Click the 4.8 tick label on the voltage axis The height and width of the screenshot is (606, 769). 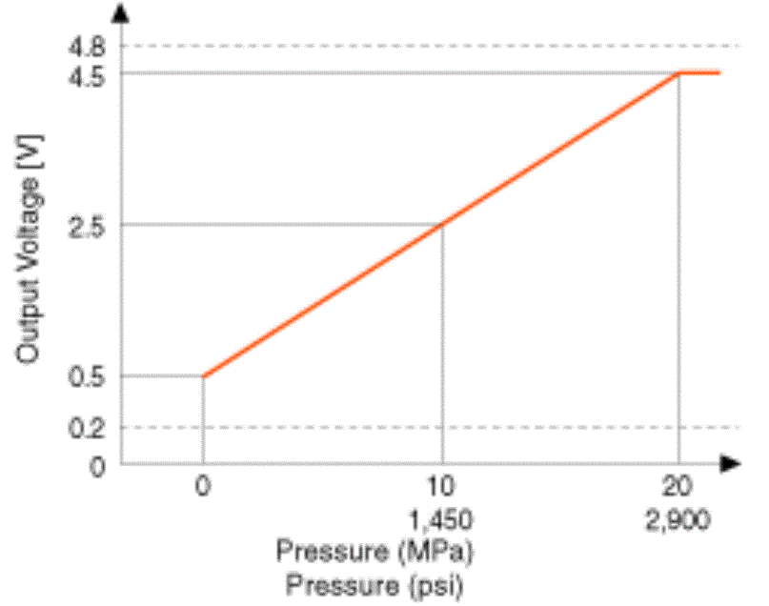point(88,45)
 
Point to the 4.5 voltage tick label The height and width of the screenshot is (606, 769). point(88,73)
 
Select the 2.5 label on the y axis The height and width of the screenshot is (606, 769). point(88,225)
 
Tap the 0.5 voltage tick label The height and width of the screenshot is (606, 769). point(88,375)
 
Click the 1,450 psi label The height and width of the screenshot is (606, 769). point(442,522)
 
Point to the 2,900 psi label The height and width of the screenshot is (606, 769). point(678,522)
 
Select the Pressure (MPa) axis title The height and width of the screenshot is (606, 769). point(375,552)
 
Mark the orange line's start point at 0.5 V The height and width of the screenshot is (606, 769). point(203,375)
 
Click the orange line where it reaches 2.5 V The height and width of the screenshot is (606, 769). point(442,225)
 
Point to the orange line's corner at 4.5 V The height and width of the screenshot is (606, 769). point(678,73)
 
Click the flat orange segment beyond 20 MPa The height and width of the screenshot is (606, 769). point(700,72)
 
